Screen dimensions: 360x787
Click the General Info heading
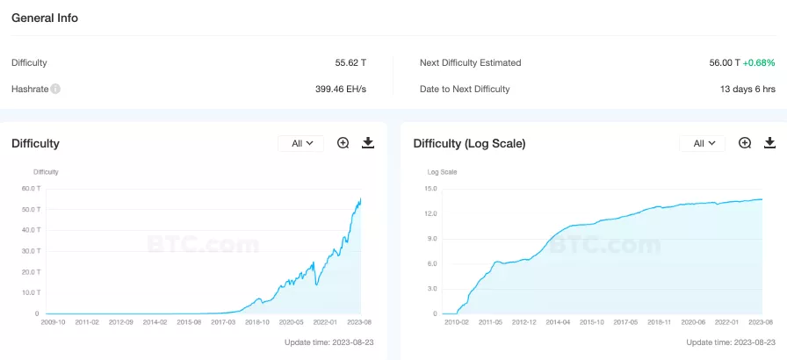45,18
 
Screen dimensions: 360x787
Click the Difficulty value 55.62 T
350,63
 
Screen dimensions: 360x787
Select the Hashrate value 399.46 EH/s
341,89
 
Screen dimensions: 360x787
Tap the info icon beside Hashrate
55,89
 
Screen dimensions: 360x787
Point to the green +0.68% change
759,63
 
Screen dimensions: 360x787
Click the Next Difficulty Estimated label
470,63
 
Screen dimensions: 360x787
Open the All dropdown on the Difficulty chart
301,143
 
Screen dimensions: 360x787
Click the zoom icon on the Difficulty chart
343,143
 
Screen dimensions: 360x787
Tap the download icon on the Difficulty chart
368,143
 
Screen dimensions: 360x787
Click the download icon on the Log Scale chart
770,143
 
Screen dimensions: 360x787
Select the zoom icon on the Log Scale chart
745,143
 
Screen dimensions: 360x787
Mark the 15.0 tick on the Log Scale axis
430,188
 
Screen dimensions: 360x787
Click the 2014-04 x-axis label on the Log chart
557,322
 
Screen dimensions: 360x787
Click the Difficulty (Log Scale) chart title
469,143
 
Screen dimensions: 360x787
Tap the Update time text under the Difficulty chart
329,342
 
